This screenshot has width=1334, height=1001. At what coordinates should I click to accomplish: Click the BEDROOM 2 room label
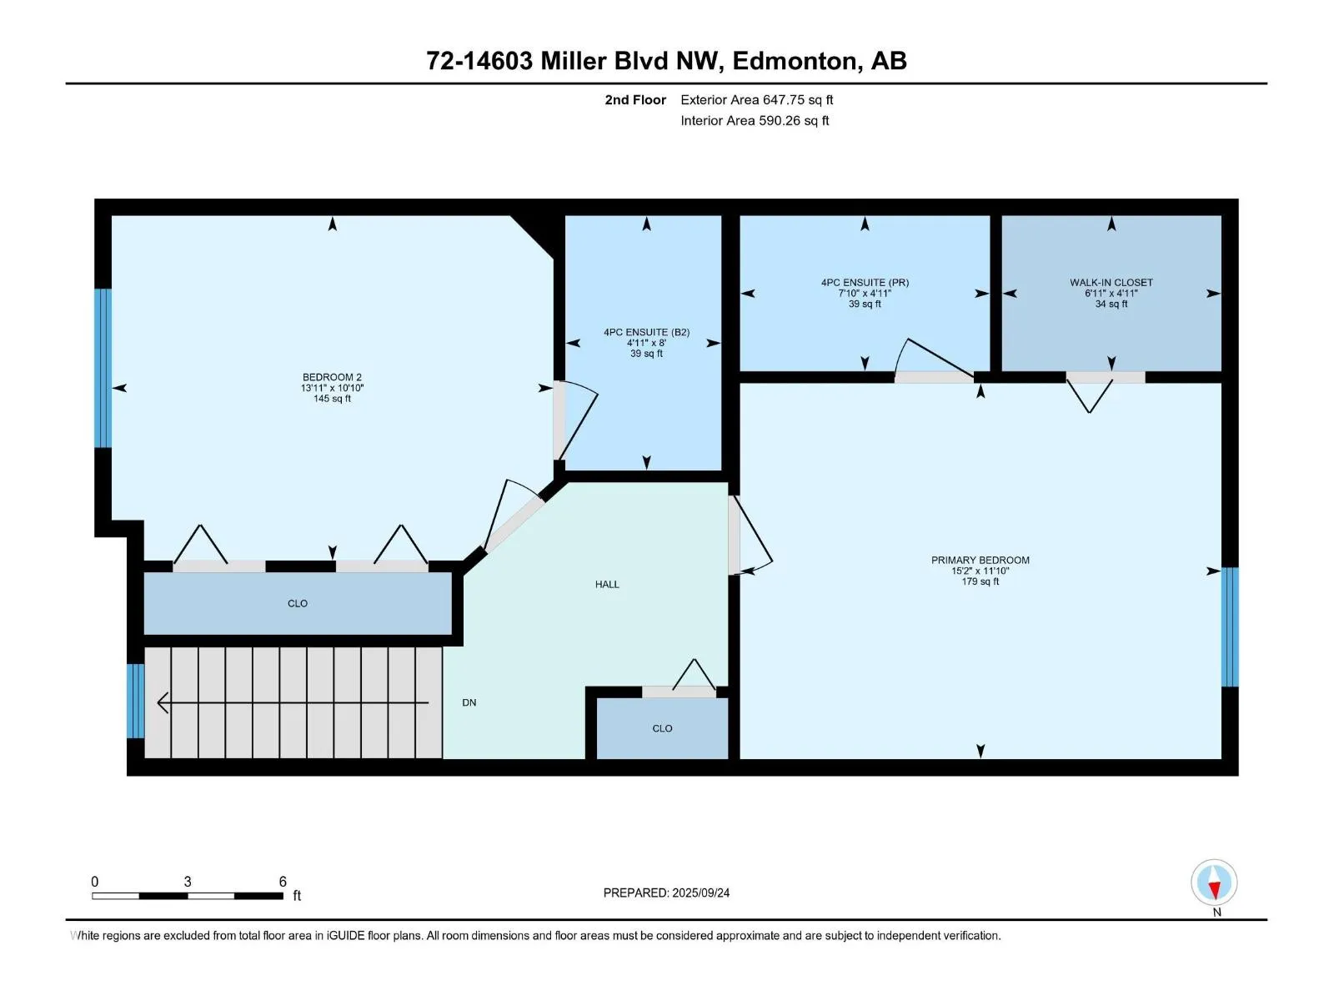point(332,377)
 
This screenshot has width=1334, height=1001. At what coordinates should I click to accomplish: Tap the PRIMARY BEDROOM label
point(980,561)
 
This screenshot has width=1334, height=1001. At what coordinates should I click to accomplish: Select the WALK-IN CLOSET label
point(1111,283)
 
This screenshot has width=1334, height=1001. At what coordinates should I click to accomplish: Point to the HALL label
point(606,585)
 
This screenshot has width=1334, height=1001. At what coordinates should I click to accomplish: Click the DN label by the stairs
point(469,702)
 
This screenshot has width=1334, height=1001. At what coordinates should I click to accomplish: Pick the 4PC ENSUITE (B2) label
point(646,333)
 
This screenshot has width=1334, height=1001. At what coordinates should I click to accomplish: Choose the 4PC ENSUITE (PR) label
point(865,283)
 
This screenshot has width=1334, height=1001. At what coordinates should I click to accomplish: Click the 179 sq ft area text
point(980,581)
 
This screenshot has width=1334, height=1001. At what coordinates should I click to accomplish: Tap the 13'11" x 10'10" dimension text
point(332,389)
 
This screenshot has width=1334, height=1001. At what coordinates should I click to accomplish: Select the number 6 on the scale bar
point(283,882)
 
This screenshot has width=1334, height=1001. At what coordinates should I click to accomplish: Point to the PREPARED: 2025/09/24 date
point(666,893)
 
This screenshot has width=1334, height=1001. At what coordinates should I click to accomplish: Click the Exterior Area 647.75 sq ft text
point(757,99)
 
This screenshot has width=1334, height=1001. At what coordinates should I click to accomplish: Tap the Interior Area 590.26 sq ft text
point(755,120)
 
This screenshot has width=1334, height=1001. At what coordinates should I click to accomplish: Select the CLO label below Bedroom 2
point(297,603)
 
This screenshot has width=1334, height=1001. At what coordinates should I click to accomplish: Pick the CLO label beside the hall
point(662,729)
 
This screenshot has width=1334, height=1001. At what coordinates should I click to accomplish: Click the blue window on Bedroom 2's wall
point(103,369)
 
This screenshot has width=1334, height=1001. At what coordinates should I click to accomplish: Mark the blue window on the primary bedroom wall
point(1230,626)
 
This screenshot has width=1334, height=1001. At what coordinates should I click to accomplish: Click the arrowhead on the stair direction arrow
point(162,703)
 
